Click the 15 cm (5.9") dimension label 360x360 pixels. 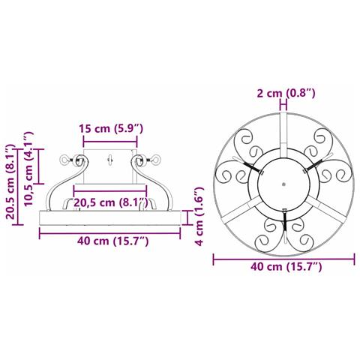(x=111, y=128)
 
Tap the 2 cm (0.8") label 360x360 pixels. (x=286, y=93)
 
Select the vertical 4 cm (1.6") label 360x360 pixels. (x=199, y=217)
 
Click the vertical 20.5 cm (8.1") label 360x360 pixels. (x=10, y=181)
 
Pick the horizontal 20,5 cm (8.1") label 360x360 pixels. (x=111, y=202)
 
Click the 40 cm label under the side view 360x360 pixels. (x=113, y=241)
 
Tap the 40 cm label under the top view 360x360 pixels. (x=286, y=267)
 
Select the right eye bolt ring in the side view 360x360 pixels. (x=157, y=160)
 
